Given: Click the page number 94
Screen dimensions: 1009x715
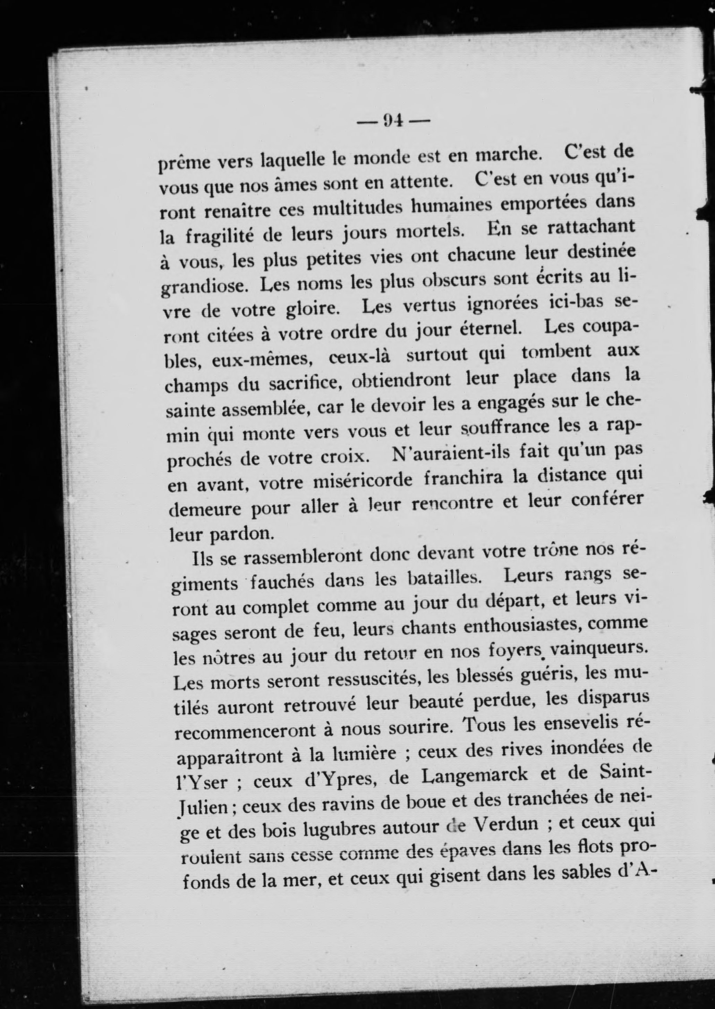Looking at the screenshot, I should tap(394, 120).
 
